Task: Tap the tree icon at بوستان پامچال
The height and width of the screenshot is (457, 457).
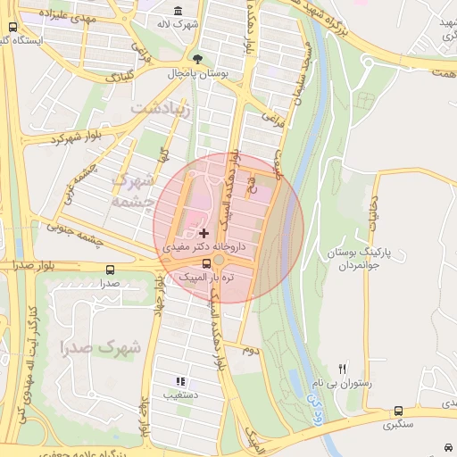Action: coord(185,60)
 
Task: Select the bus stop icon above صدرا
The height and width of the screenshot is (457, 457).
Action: coord(110,269)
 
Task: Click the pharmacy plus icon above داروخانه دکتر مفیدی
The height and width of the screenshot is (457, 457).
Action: coord(204,232)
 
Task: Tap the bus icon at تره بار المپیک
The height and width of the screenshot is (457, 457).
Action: coord(208,263)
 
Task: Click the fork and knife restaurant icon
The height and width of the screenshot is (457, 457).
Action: coord(343,368)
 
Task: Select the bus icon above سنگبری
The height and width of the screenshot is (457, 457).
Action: coord(398,411)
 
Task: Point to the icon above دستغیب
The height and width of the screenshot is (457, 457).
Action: coord(182,380)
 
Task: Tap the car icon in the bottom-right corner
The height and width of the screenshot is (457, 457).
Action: coord(446,446)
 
